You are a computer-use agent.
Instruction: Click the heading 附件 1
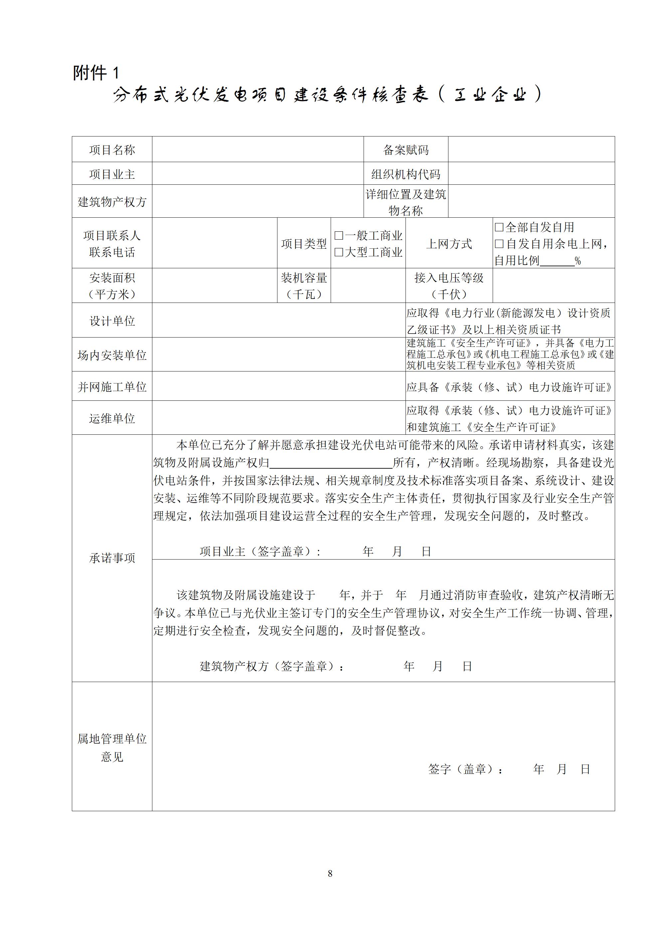[96, 73]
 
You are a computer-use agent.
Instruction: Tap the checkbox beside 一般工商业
[338, 236]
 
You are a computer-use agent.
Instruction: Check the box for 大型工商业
[338, 252]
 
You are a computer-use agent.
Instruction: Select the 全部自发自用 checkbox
[499, 227]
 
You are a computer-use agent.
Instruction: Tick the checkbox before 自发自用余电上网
[499, 244]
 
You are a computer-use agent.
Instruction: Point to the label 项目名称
[112, 150]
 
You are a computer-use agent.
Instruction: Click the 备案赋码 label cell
[406, 150]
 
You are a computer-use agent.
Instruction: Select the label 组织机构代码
[406, 174]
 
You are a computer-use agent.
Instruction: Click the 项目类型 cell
[304, 244]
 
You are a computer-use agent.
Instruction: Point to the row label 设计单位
[112, 321]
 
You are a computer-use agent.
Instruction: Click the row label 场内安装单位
[112, 355]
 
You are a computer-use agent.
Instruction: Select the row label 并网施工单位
[112, 387]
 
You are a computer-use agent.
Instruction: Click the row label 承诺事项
[112, 558]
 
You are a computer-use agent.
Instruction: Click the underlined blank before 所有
[331, 464]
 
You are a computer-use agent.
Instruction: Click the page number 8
[330, 873]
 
